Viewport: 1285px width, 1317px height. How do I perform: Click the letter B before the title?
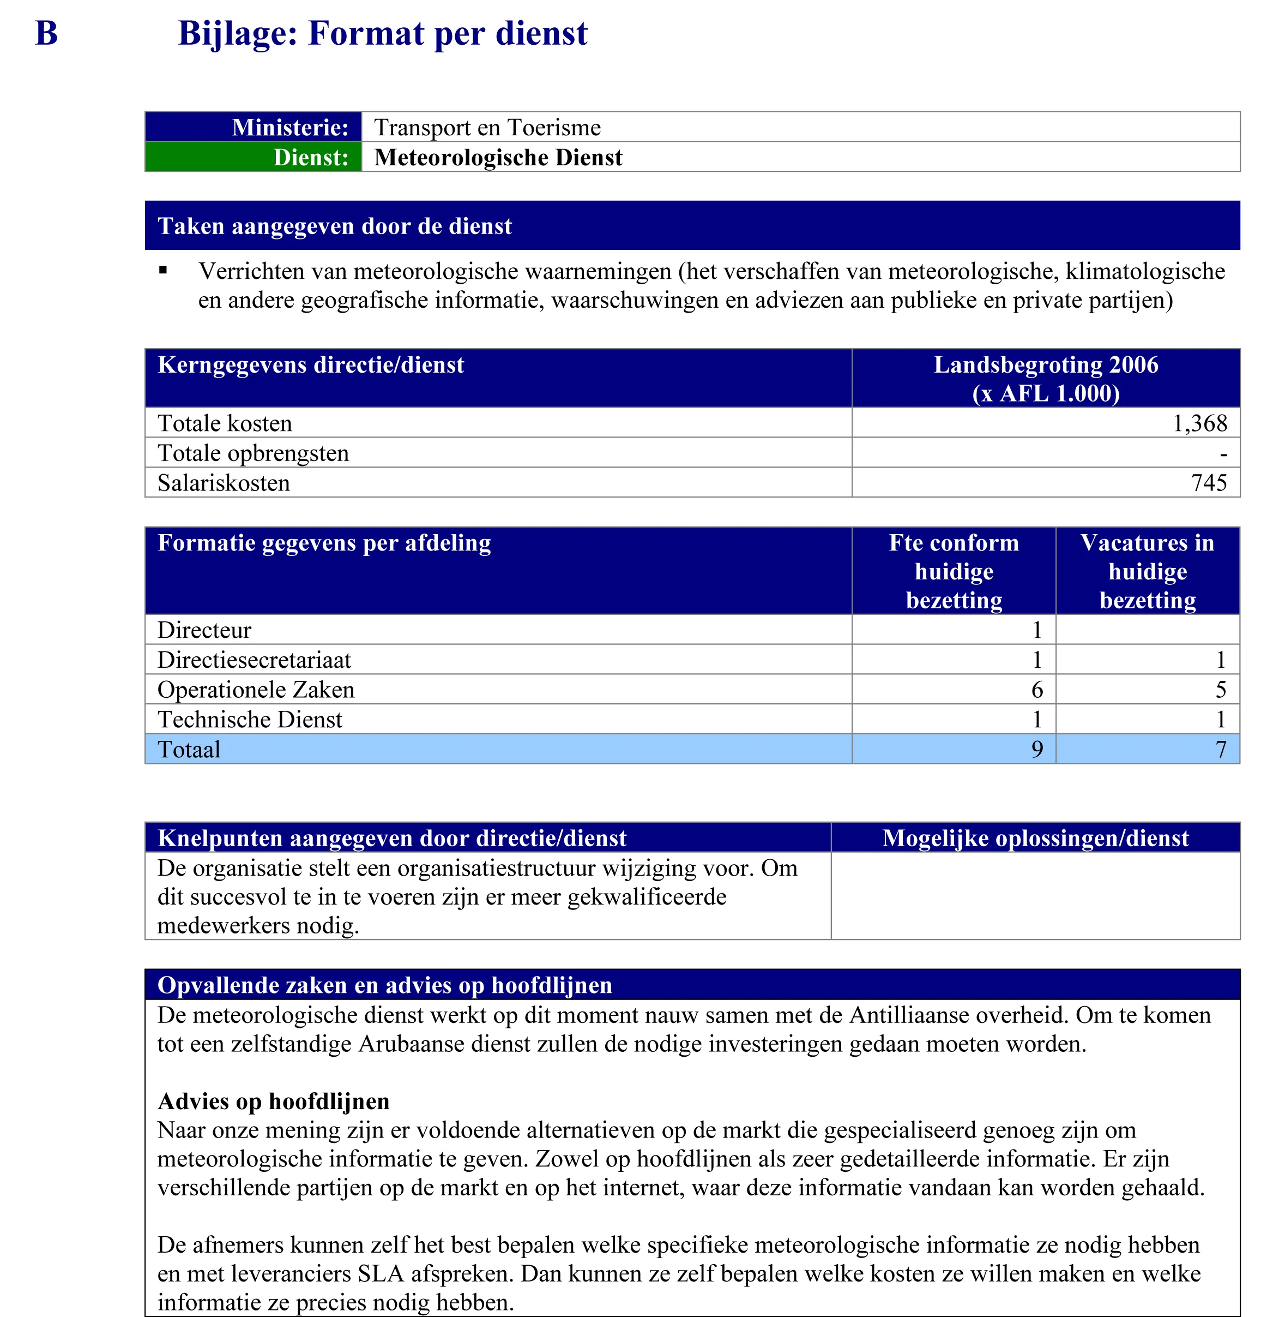tap(46, 34)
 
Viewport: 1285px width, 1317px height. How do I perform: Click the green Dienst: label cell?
tap(253, 157)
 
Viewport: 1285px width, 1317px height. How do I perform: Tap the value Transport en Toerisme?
tap(487, 127)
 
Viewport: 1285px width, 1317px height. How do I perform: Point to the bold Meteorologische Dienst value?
tap(498, 157)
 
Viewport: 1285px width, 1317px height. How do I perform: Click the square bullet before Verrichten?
tap(162, 271)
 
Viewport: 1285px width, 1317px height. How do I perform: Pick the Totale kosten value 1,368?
tap(1199, 423)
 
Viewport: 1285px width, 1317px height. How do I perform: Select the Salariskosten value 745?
tap(1208, 483)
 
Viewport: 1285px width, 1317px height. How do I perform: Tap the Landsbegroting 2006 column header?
tap(1046, 378)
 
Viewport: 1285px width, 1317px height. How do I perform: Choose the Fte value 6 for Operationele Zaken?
tap(1036, 690)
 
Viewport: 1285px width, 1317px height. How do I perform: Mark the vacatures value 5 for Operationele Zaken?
tap(1220, 690)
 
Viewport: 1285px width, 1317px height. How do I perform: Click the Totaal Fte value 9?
tap(1036, 750)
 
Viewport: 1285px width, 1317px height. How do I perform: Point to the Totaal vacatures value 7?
tap(1220, 750)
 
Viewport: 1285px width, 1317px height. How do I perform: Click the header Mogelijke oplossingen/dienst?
tap(1035, 838)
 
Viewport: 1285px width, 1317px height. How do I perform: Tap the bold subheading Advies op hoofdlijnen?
tap(273, 1102)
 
